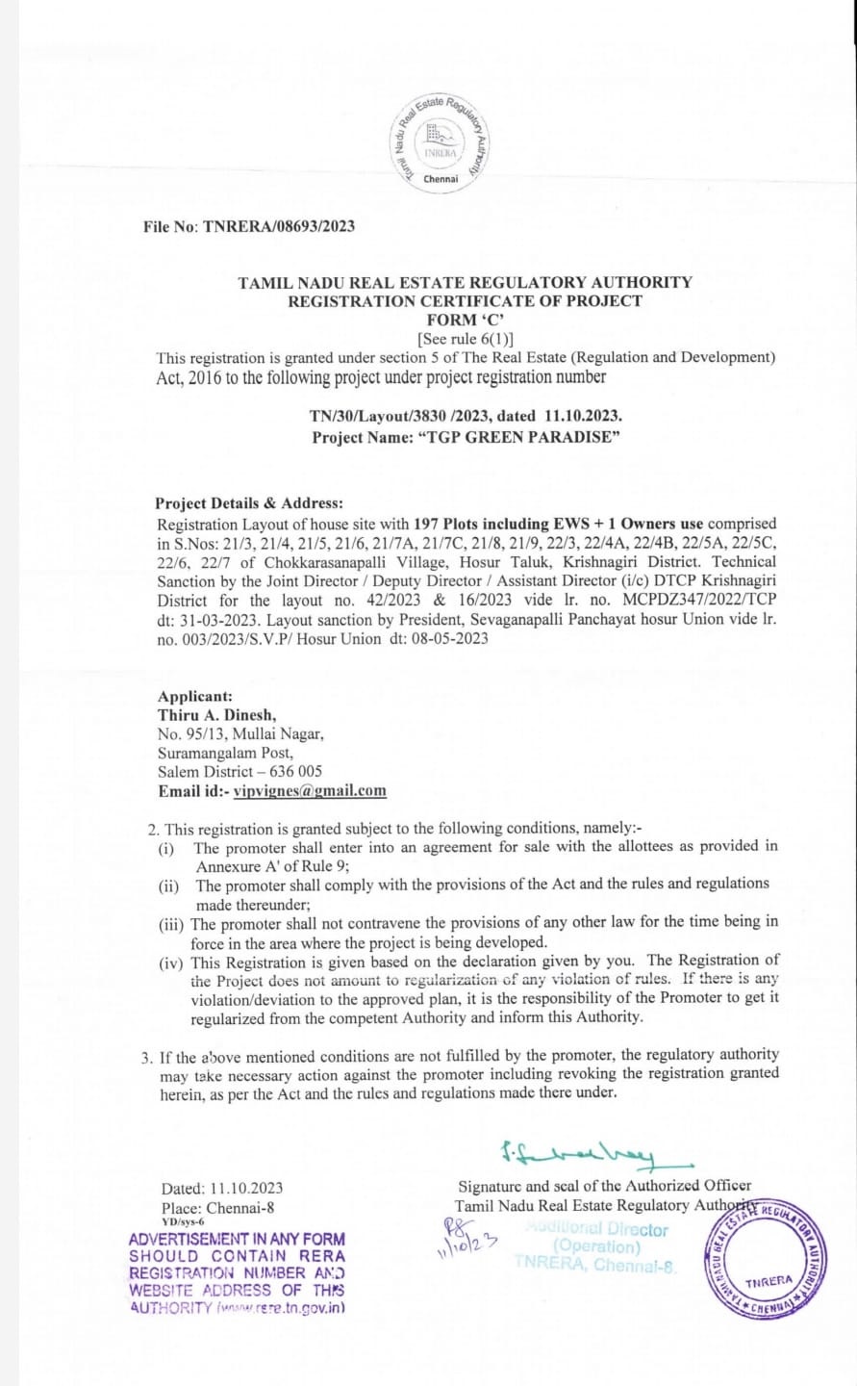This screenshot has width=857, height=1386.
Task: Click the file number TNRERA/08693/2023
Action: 279,226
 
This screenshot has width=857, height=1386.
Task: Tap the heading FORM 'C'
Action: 466,320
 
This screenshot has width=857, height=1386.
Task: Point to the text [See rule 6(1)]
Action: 466,338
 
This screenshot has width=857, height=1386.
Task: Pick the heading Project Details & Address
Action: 249,503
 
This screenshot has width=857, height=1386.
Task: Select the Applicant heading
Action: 195,696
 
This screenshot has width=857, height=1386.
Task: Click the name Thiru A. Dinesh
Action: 217,715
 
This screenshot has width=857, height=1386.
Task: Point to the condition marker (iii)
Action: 173,923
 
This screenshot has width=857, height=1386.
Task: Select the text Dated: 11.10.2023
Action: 222,1189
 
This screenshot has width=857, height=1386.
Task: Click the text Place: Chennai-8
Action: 218,1208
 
